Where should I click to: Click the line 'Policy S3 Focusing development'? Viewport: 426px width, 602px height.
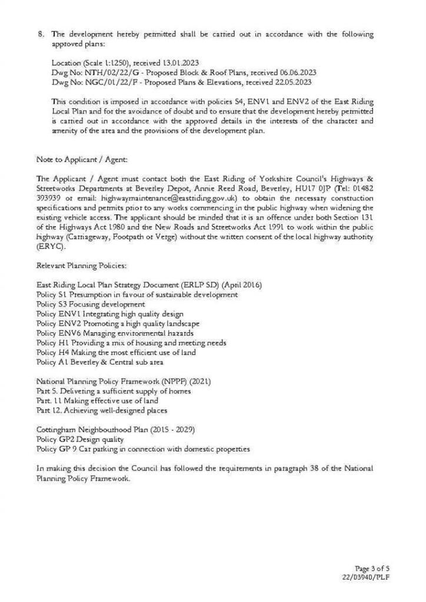[90, 304]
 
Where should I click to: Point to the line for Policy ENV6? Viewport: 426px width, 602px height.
[115, 333]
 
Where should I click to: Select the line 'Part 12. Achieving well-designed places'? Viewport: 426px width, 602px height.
[101, 410]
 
